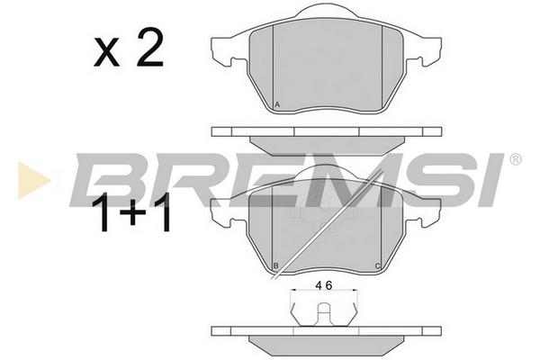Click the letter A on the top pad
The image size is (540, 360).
[277, 104]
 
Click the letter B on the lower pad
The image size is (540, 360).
[276, 265]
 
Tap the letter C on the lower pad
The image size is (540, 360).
[377, 266]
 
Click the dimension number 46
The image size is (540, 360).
[324, 285]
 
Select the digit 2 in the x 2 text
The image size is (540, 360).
[149, 49]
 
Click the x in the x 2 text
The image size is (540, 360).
[107, 53]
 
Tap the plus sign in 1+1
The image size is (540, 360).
[133, 213]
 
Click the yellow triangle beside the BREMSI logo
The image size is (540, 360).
[32, 181]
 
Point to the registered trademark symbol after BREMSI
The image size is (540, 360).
[515, 159]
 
